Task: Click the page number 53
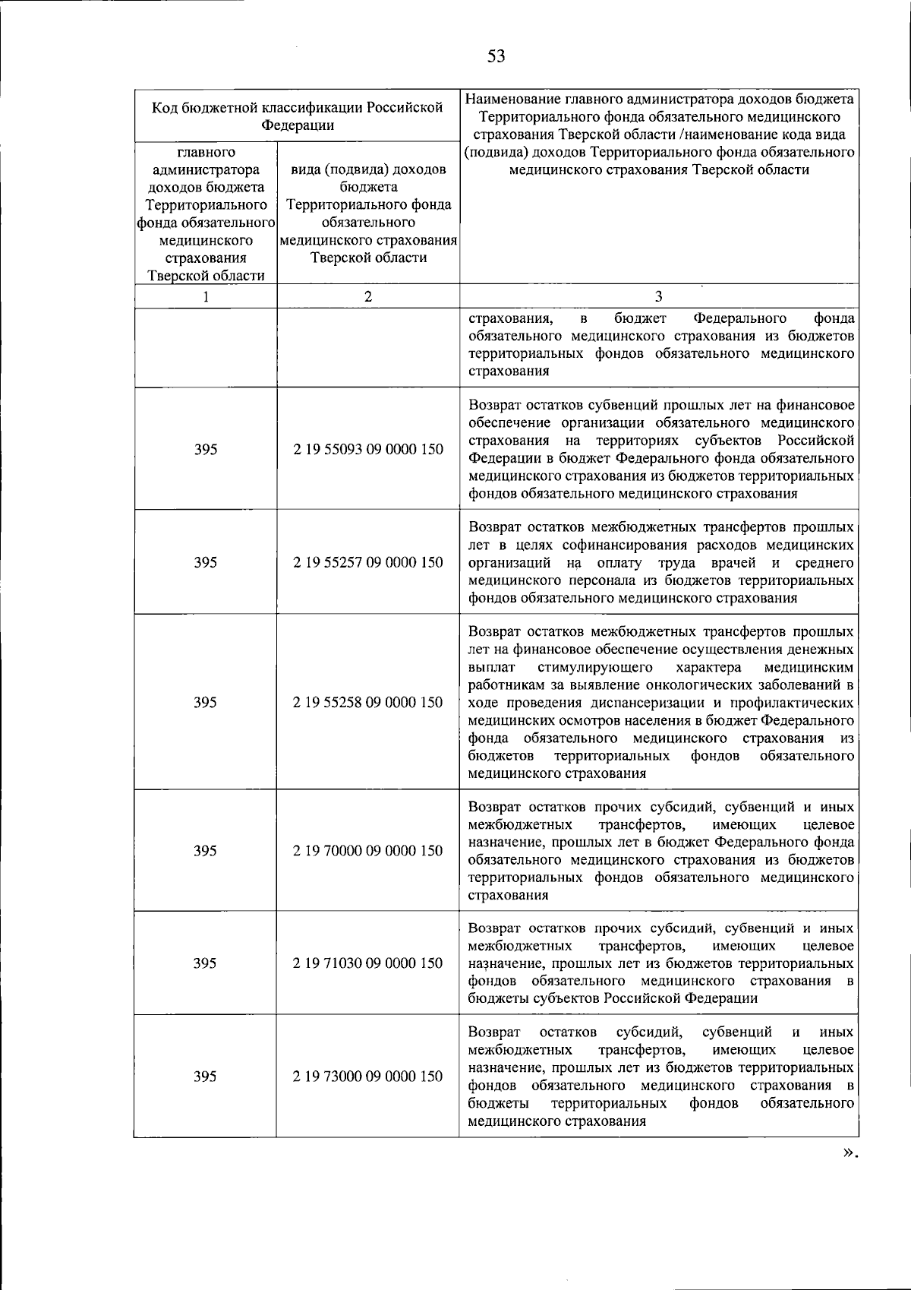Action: click(x=496, y=55)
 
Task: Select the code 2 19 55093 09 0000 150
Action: click(x=368, y=449)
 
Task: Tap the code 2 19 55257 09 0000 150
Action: click(x=368, y=562)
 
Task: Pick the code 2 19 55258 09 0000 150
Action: click(x=368, y=702)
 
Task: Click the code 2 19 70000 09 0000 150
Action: click(x=368, y=850)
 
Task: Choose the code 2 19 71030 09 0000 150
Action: click(x=368, y=963)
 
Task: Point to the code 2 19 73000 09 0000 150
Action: click(x=368, y=1076)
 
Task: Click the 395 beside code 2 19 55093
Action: click(x=206, y=449)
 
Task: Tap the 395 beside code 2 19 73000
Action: click(x=205, y=1076)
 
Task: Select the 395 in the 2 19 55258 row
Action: click(x=205, y=702)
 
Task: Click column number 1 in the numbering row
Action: click(x=206, y=296)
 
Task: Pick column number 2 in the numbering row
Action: click(x=368, y=296)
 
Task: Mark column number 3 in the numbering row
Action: click(x=658, y=296)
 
